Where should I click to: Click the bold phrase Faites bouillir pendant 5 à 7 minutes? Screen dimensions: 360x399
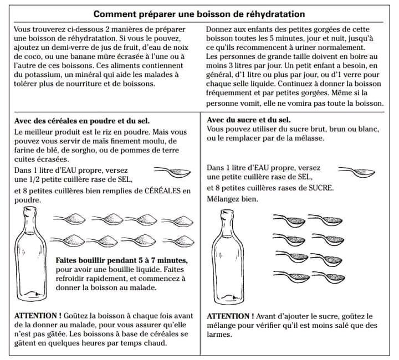[121, 260]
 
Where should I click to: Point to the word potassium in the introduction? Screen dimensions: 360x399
[37, 74]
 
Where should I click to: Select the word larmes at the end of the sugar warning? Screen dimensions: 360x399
[219, 335]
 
